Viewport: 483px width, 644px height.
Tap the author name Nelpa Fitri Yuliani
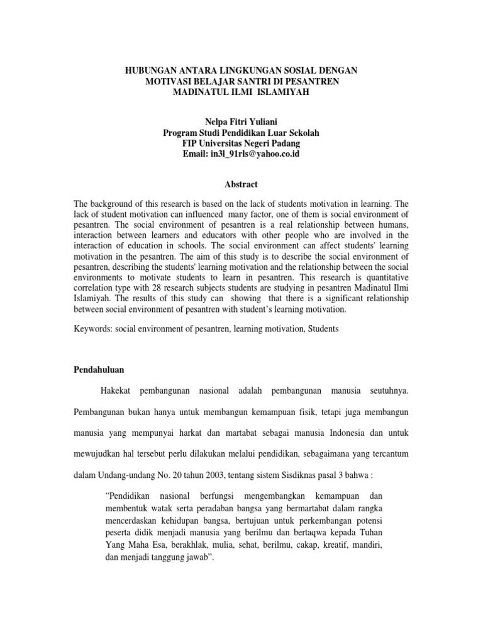(241, 121)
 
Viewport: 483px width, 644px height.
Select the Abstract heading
(241, 184)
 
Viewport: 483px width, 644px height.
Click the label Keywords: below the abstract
(92, 328)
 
